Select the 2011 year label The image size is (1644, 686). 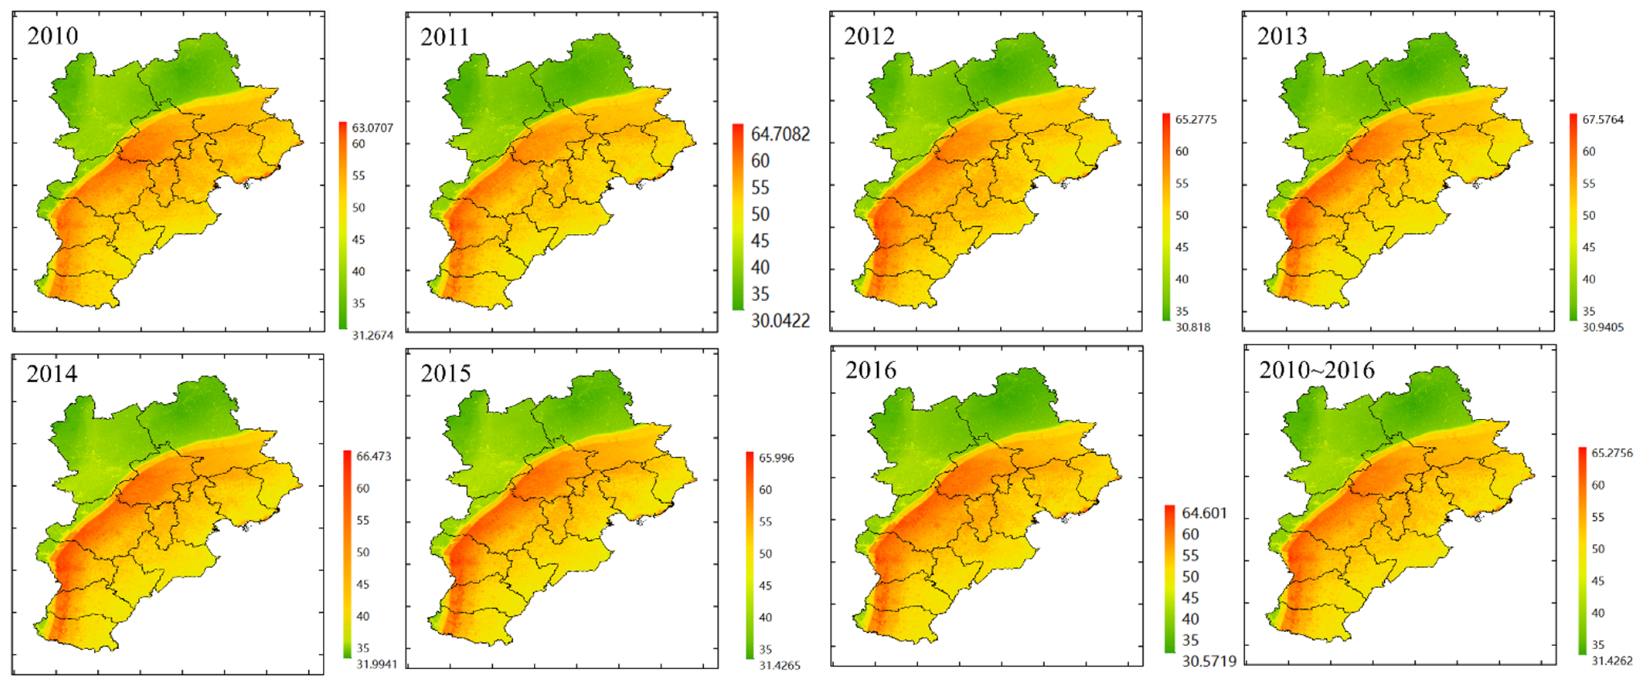pyautogui.click(x=445, y=37)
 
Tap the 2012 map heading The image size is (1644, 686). pyautogui.click(x=869, y=36)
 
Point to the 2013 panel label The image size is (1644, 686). pyautogui.click(x=1282, y=36)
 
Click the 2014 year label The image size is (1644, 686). pyautogui.click(x=52, y=373)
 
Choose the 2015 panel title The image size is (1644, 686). pyautogui.click(x=446, y=373)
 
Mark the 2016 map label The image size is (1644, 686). pyautogui.click(x=871, y=370)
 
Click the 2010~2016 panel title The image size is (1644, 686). pyautogui.click(x=1317, y=370)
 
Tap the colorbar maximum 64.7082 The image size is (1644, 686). pyautogui.click(x=780, y=134)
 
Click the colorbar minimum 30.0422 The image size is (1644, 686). pyautogui.click(x=780, y=320)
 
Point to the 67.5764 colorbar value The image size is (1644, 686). pyautogui.click(x=1603, y=119)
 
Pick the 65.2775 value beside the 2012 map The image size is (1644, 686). pyautogui.click(x=1196, y=119)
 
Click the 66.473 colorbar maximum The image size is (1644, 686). pyautogui.click(x=373, y=456)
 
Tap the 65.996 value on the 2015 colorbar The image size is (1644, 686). pyautogui.click(x=776, y=458)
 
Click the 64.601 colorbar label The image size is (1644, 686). pyautogui.click(x=1204, y=513)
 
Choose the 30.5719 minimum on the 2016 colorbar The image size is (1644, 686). pyautogui.click(x=1209, y=662)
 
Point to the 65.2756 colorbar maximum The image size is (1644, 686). pyautogui.click(x=1612, y=453)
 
